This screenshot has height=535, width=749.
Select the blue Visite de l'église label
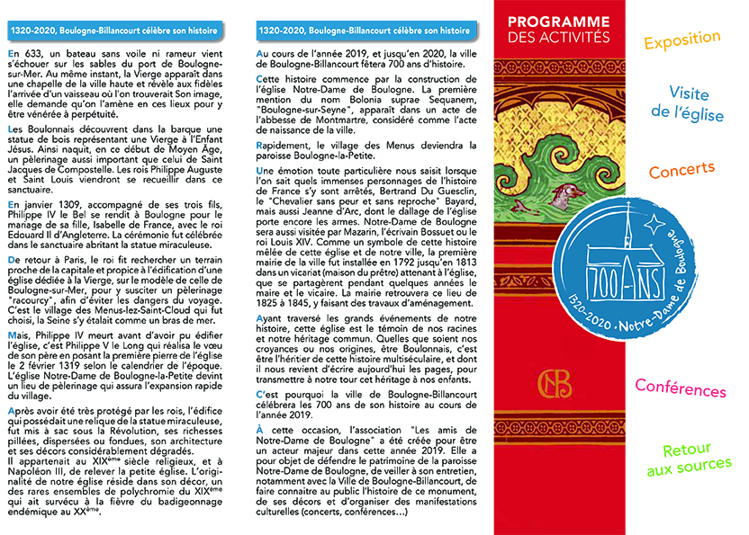pyautogui.click(x=689, y=103)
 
